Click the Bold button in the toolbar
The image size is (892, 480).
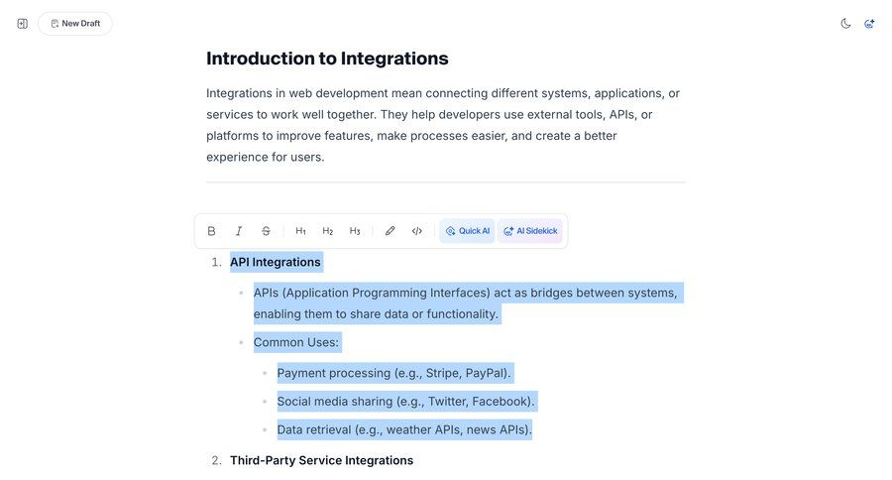coord(211,231)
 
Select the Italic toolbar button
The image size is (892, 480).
coord(239,231)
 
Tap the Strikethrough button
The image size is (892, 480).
coord(266,231)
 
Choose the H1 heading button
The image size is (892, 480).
coord(300,231)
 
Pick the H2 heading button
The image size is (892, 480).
coord(328,231)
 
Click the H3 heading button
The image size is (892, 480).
coord(355,231)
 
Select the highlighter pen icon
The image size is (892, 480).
coord(390,231)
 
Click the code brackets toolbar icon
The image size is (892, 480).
coord(417,231)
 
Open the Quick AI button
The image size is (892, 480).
coord(467,231)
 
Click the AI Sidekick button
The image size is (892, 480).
coord(530,231)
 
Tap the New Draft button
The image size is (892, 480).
coord(75,24)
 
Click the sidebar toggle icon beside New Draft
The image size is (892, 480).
coord(23,24)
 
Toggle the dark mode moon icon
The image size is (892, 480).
coord(845,24)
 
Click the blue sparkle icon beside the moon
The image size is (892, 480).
coord(869,24)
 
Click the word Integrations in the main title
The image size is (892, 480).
coord(394,59)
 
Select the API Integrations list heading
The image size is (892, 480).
coord(276,262)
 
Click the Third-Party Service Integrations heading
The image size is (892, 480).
coord(321,460)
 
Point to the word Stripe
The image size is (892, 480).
coord(442,373)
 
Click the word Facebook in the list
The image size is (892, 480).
coord(501,402)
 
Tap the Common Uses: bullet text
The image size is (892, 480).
coord(296,342)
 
